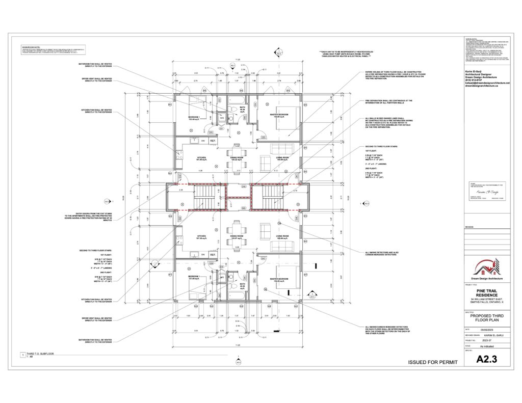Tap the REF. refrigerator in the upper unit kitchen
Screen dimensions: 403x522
coord(213,141)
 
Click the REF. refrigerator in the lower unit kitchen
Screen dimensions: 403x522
coord(213,254)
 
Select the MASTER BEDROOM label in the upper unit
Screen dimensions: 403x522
coord(275,114)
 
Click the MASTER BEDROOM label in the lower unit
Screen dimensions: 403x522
coord(275,280)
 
